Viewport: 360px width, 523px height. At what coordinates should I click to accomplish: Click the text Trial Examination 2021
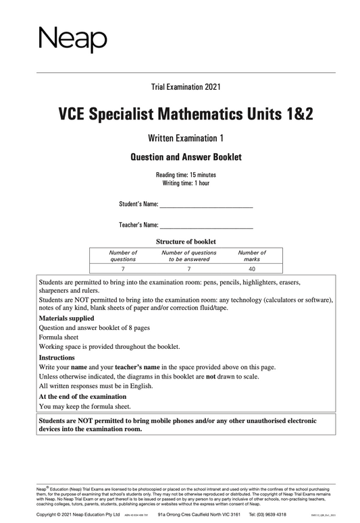186,86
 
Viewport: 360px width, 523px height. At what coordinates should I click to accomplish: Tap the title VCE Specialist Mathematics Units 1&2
186,115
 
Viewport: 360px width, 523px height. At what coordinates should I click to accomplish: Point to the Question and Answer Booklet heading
186,158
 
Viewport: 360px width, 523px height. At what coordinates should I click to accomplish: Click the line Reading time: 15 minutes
186,175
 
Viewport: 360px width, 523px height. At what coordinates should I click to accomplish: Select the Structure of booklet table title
186,242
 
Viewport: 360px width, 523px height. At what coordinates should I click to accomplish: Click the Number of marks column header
253,255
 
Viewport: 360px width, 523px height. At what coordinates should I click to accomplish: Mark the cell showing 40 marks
253,268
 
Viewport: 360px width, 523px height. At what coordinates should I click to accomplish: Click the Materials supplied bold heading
67,317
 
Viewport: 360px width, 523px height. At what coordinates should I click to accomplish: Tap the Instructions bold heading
57,357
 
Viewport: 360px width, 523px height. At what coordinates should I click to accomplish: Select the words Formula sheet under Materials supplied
59,337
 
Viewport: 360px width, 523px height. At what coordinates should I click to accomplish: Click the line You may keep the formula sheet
85,407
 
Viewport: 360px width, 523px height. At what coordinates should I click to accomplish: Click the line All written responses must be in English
96,386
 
